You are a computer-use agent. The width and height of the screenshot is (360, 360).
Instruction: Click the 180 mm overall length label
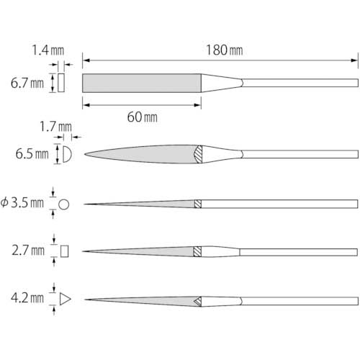pyautogui.click(x=225, y=50)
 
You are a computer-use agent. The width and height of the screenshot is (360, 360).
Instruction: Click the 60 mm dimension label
pyautogui.click(x=143, y=117)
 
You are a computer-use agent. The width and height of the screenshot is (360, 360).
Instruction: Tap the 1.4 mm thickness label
pyautogui.click(x=48, y=50)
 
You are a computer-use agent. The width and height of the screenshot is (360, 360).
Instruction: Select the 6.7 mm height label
pyautogui.click(x=27, y=84)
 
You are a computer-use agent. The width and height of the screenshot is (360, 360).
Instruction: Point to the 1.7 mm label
pyautogui.click(x=55, y=127)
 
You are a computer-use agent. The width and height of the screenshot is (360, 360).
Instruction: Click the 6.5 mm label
pyautogui.click(x=32, y=154)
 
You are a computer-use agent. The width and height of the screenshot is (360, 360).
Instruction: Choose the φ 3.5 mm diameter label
pyautogui.click(x=22, y=203)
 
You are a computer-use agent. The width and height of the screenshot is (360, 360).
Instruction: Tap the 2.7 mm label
pyautogui.click(x=28, y=251)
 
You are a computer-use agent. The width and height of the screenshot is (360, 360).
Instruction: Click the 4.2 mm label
pyautogui.click(x=27, y=298)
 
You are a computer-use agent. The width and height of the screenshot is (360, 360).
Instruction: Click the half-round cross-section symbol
pyautogui.click(x=67, y=154)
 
